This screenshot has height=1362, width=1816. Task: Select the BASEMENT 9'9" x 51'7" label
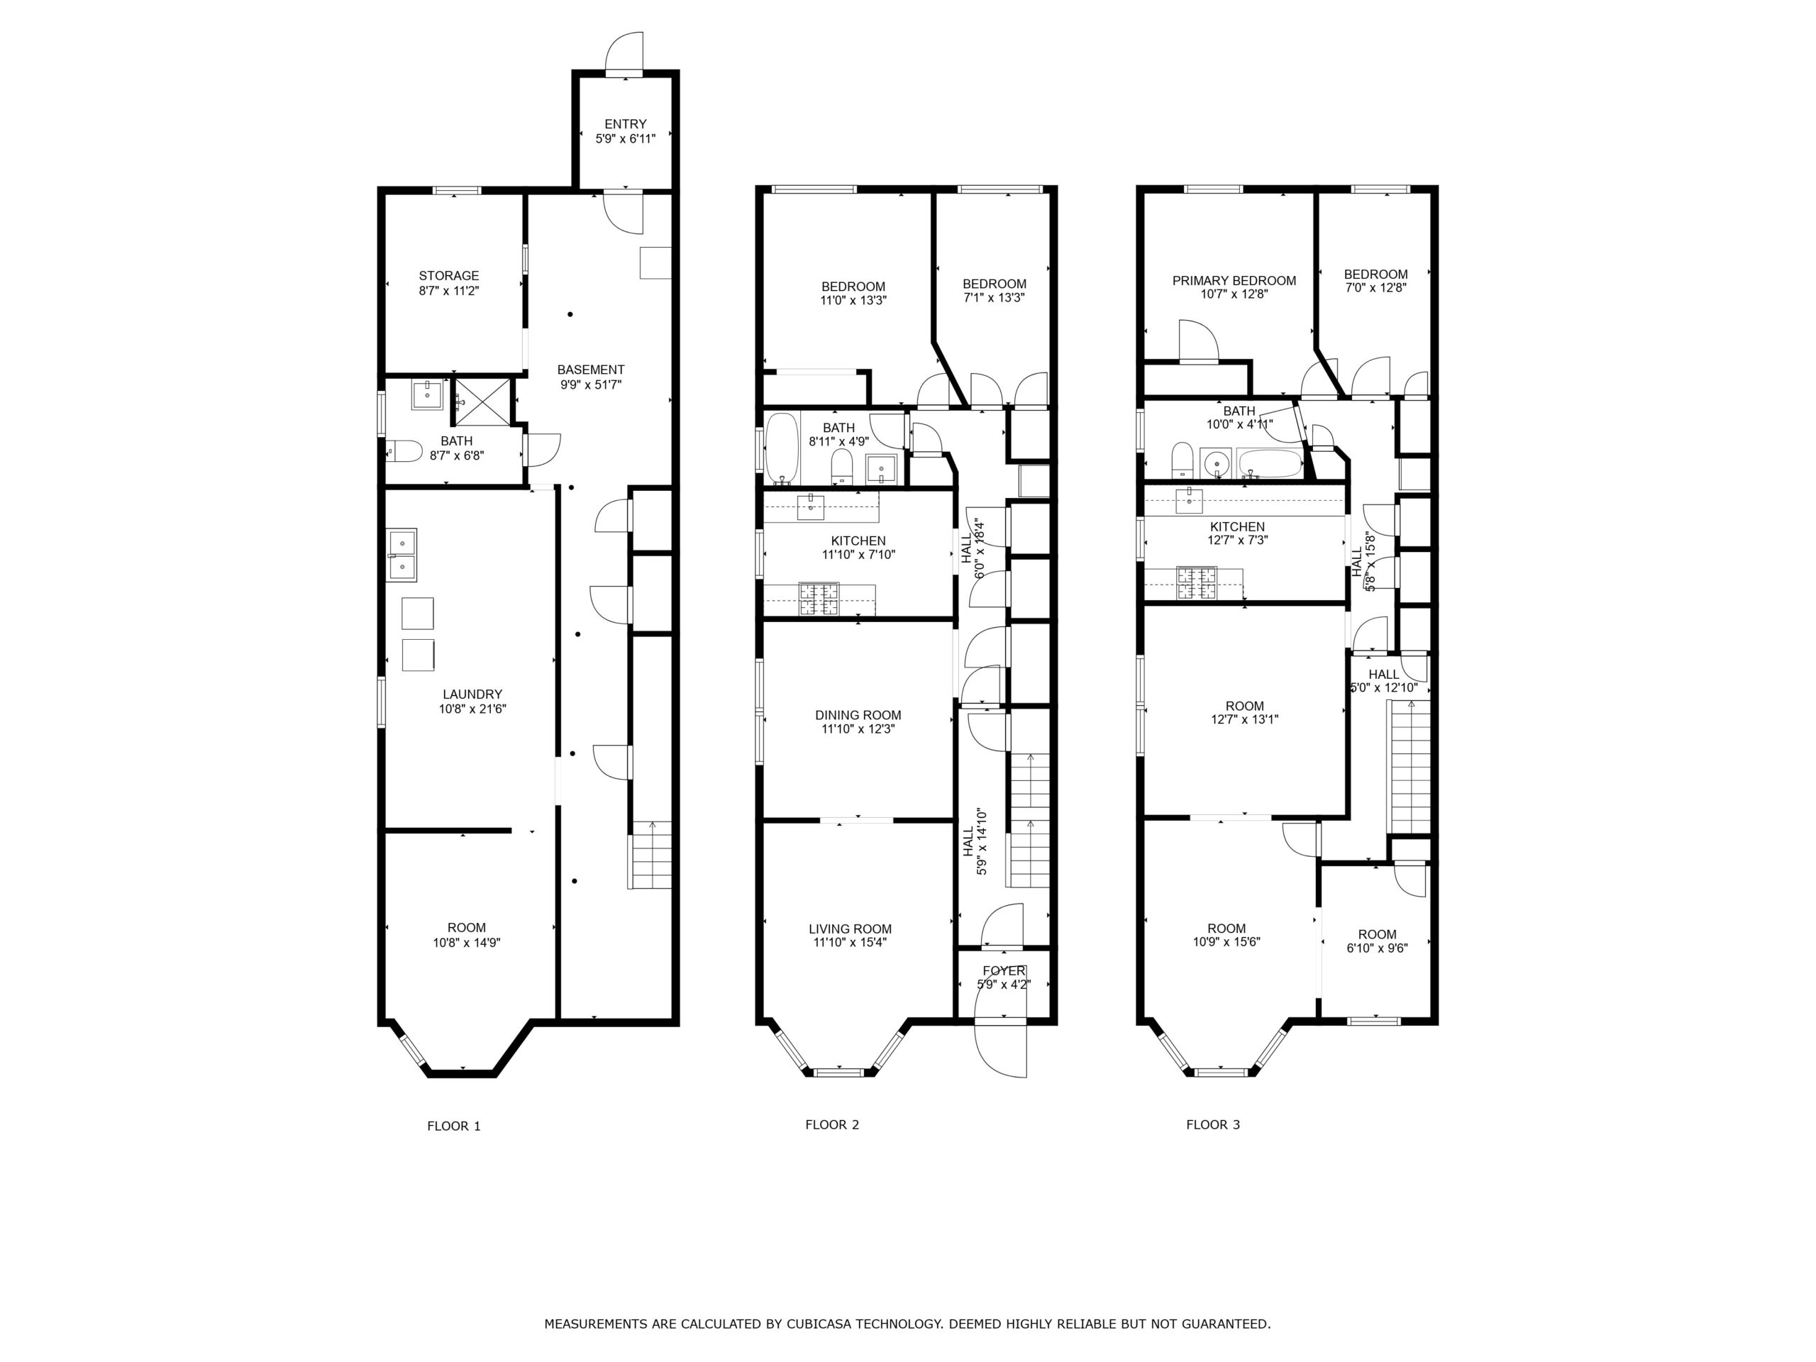pyautogui.click(x=590, y=377)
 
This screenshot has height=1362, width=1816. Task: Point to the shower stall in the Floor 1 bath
pyautogui.click(x=482, y=402)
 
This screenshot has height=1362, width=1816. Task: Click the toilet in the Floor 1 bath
pyautogui.click(x=405, y=450)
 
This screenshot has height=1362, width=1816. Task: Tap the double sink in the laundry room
pyautogui.click(x=402, y=555)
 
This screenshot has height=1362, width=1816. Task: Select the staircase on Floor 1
pyautogui.click(x=650, y=855)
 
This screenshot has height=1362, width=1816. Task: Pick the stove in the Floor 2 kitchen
pyautogui.click(x=819, y=599)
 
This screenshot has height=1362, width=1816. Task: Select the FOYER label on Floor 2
pyautogui.click(x=1003, y=971)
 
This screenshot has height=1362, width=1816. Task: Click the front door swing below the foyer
pyautogui.click(x=1000, y=1048)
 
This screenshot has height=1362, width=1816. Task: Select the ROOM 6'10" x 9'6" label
pyautogui.click(x=1377, y=941)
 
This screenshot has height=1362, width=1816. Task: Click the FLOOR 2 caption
pyautogui.click(x=831, y=1125)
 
